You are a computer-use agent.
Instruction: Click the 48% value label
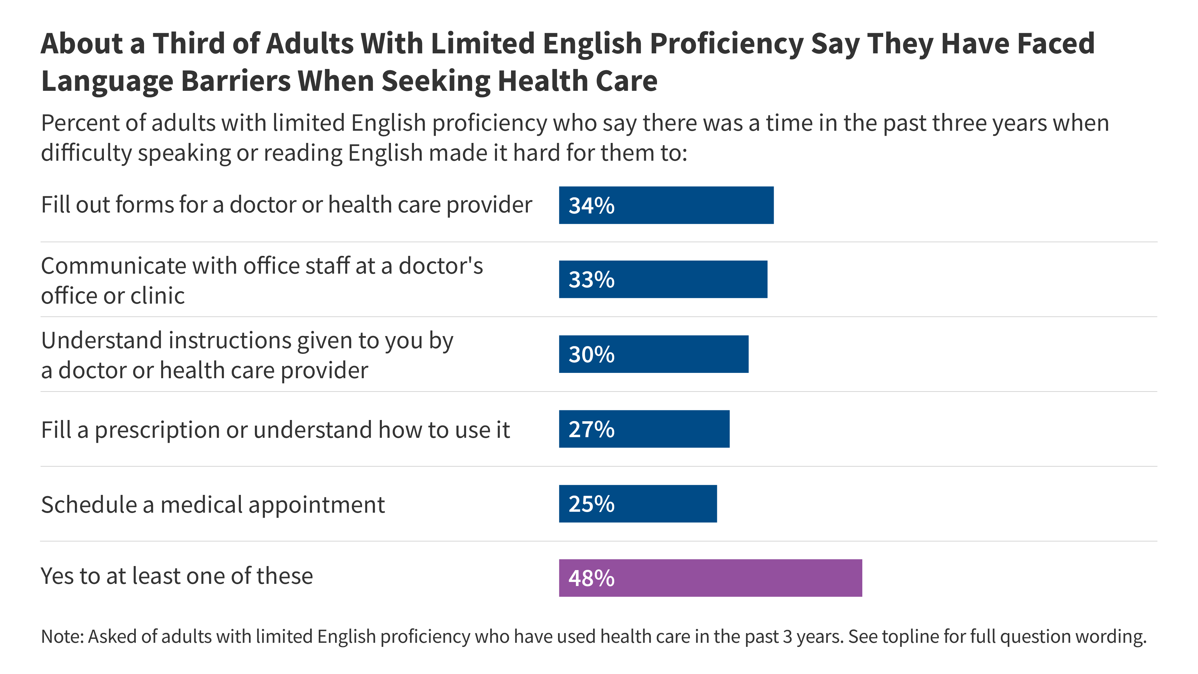point(591,578)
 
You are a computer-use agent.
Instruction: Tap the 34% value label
point(591,206)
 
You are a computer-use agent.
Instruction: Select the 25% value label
point(591,504)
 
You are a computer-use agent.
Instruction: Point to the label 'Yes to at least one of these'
point(177,576)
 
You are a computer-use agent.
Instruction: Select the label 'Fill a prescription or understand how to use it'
point(275,430)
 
